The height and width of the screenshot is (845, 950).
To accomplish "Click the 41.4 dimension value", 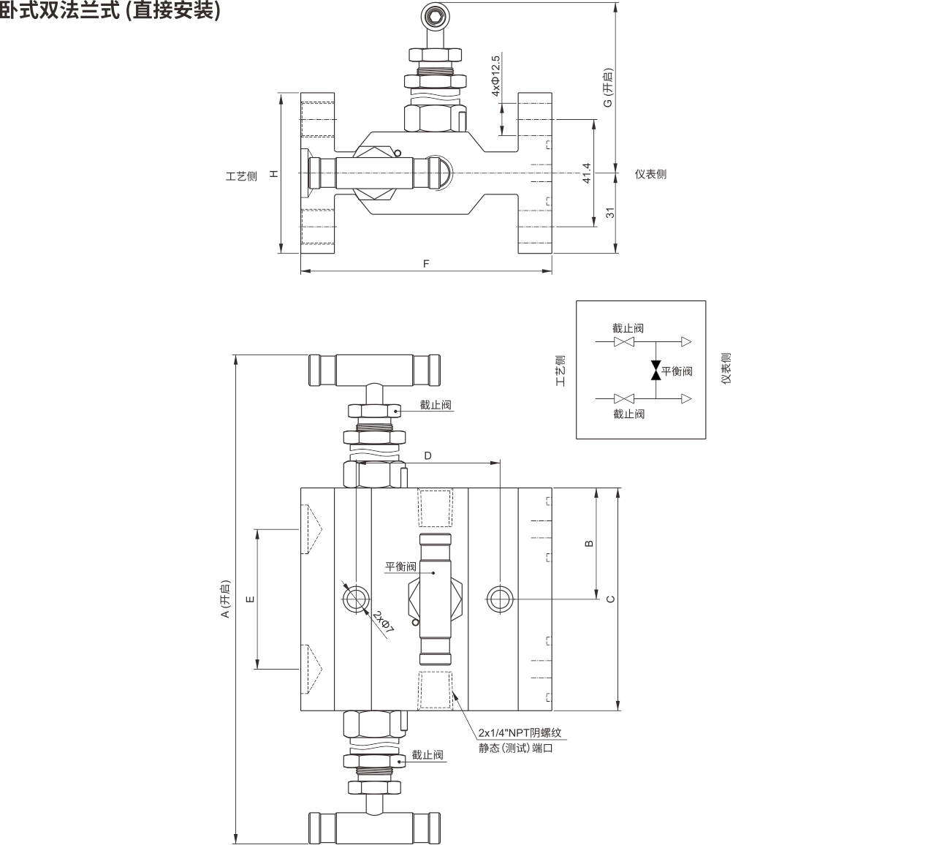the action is (586, 173).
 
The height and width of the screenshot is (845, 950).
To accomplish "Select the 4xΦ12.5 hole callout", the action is (495, 76).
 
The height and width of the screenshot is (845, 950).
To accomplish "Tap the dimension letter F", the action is (426, 264).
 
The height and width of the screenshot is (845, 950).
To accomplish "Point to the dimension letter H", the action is (274, 173).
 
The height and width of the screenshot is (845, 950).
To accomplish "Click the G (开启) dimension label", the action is (608, 88).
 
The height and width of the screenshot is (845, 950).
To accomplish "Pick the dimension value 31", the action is (609, 213).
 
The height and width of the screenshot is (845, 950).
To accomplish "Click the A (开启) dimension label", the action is (226, 599).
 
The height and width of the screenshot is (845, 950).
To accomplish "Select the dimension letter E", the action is (251, 599).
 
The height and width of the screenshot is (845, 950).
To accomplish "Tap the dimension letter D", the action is (427, 455).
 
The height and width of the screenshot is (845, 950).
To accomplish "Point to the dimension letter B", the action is (590, 543).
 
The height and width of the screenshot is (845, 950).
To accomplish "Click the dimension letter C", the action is (610, 599).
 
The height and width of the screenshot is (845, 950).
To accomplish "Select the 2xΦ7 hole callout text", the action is (383, 621).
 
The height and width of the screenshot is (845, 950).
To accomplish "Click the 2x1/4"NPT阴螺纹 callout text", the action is (520, 732).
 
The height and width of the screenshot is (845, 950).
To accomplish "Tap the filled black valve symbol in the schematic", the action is (655, 370).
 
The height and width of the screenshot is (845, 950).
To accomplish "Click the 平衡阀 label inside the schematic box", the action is (677, 371).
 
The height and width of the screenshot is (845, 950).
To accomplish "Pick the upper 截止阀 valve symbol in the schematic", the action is (623, 341).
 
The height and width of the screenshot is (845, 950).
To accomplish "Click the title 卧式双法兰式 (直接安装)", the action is (110, 10).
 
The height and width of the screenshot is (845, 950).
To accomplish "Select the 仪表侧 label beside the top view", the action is (650, 174).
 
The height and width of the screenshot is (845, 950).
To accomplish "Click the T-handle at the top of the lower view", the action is (374, 370).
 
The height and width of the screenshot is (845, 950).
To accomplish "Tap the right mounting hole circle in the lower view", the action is (499, 599).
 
